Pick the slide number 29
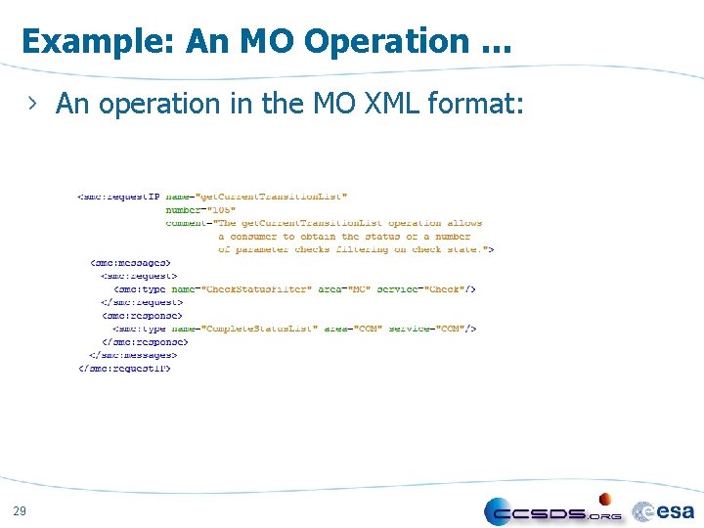click(21, 510)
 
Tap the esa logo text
click(675, 509)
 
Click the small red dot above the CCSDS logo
click(605, 498)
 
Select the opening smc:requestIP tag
click(118, 197)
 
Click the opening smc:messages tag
click(131, 263)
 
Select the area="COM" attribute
click(353, 329)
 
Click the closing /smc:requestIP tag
click(124, 369)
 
